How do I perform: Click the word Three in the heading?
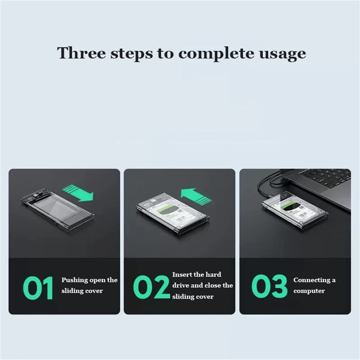81,53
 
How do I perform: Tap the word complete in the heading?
216,54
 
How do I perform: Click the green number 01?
38,288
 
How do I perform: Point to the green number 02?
152,287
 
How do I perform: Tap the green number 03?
269,286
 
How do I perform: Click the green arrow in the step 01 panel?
78,193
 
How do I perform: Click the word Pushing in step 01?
74,280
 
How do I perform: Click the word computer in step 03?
309,291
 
